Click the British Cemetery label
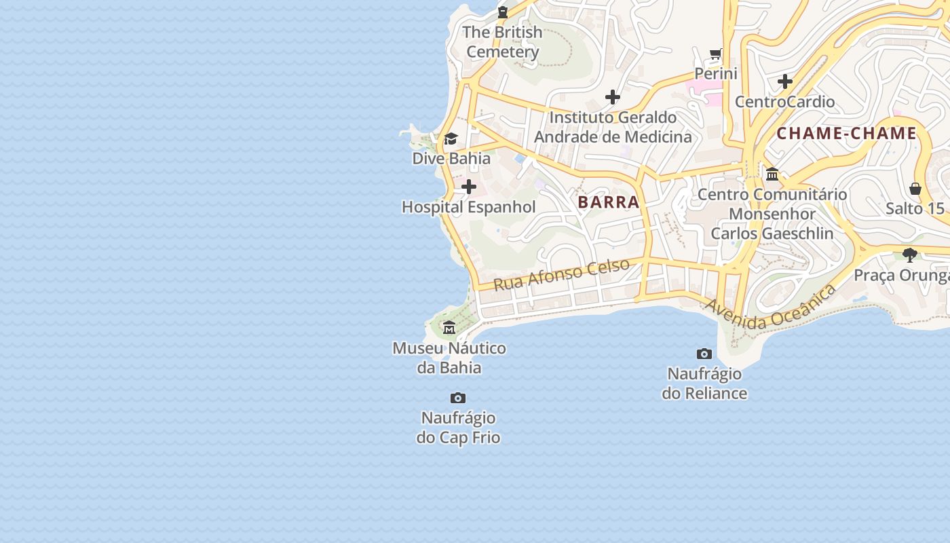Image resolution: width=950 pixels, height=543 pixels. pos(502,42)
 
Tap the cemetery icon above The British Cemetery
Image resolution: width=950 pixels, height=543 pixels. pos(502,12)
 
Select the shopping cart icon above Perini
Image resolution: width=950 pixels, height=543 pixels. pos(716,54)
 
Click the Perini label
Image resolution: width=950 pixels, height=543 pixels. pos(716,73)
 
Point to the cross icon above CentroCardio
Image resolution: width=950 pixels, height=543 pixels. pos(785,81)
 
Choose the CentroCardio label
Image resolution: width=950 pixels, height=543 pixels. pos(785,102)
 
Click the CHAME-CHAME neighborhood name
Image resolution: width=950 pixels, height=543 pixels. pos(846,134)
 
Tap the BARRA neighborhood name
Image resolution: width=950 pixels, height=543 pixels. pos(609,202)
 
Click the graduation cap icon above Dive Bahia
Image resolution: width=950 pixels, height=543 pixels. pos(451,139)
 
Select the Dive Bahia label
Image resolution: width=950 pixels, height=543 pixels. pos(451,159)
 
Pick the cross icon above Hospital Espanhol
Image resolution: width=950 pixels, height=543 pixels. pos(469,187)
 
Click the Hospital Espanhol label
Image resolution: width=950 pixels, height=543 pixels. pos(469,207)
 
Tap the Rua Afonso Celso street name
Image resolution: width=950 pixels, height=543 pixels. pos(561,274)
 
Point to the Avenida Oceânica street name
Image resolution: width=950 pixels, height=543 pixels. pos(770,309)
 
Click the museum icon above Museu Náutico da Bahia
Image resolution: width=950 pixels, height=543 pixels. pos(449,328)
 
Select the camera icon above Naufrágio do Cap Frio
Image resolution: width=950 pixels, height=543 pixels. pos(458,398)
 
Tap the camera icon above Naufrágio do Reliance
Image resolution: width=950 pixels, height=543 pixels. pos(704,354)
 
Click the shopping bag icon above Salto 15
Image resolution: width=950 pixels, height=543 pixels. pos(915,188)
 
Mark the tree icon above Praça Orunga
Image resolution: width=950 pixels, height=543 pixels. pos(910,255)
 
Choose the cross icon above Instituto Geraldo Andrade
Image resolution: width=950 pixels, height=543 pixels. pos(613,97)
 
